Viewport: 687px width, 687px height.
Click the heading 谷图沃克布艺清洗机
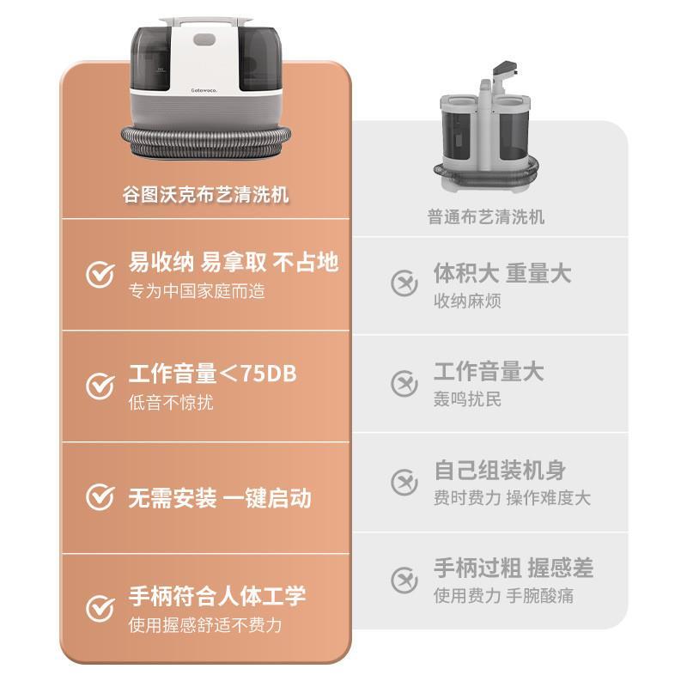[x=205, y=195]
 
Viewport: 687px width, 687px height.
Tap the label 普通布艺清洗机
[x=486, y=217]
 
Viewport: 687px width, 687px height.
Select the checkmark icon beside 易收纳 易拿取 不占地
[x=100, y=275]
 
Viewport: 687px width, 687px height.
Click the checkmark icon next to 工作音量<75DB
[x=100, y=386]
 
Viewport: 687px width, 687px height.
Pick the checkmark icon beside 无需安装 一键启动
[x=100, y=496]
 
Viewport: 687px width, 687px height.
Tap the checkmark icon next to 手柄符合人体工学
[x=100, y=607]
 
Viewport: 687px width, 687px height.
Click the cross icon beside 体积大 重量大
[x=404, y=283]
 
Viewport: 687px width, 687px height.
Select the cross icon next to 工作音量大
[x=404, y=383]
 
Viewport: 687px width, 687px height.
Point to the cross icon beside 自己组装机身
[x=404, y=482]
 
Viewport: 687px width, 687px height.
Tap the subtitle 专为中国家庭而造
[x=197, y=291]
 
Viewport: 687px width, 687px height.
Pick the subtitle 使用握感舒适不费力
[x=205, y=624]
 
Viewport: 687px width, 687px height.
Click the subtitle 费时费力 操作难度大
[x=512, y=498]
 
